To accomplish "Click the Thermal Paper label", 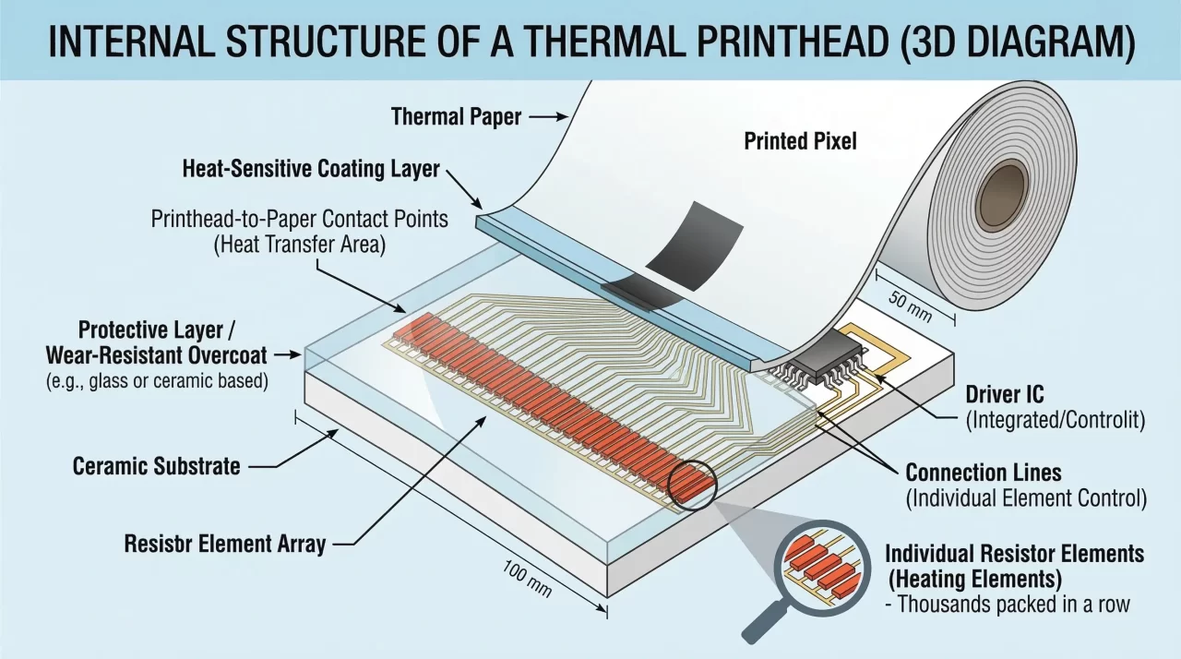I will [x=456, y=117].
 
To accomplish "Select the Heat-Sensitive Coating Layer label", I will [x=311, y=170].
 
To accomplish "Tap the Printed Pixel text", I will [x=800, y=141].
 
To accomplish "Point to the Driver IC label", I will [x=1004, y=394].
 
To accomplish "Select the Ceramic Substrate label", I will [x=156, y=466].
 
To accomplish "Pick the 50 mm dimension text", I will [x=909, y=305].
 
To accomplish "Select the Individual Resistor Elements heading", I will [x=1014, y=554].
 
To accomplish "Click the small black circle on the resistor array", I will [x=693, y=484].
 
